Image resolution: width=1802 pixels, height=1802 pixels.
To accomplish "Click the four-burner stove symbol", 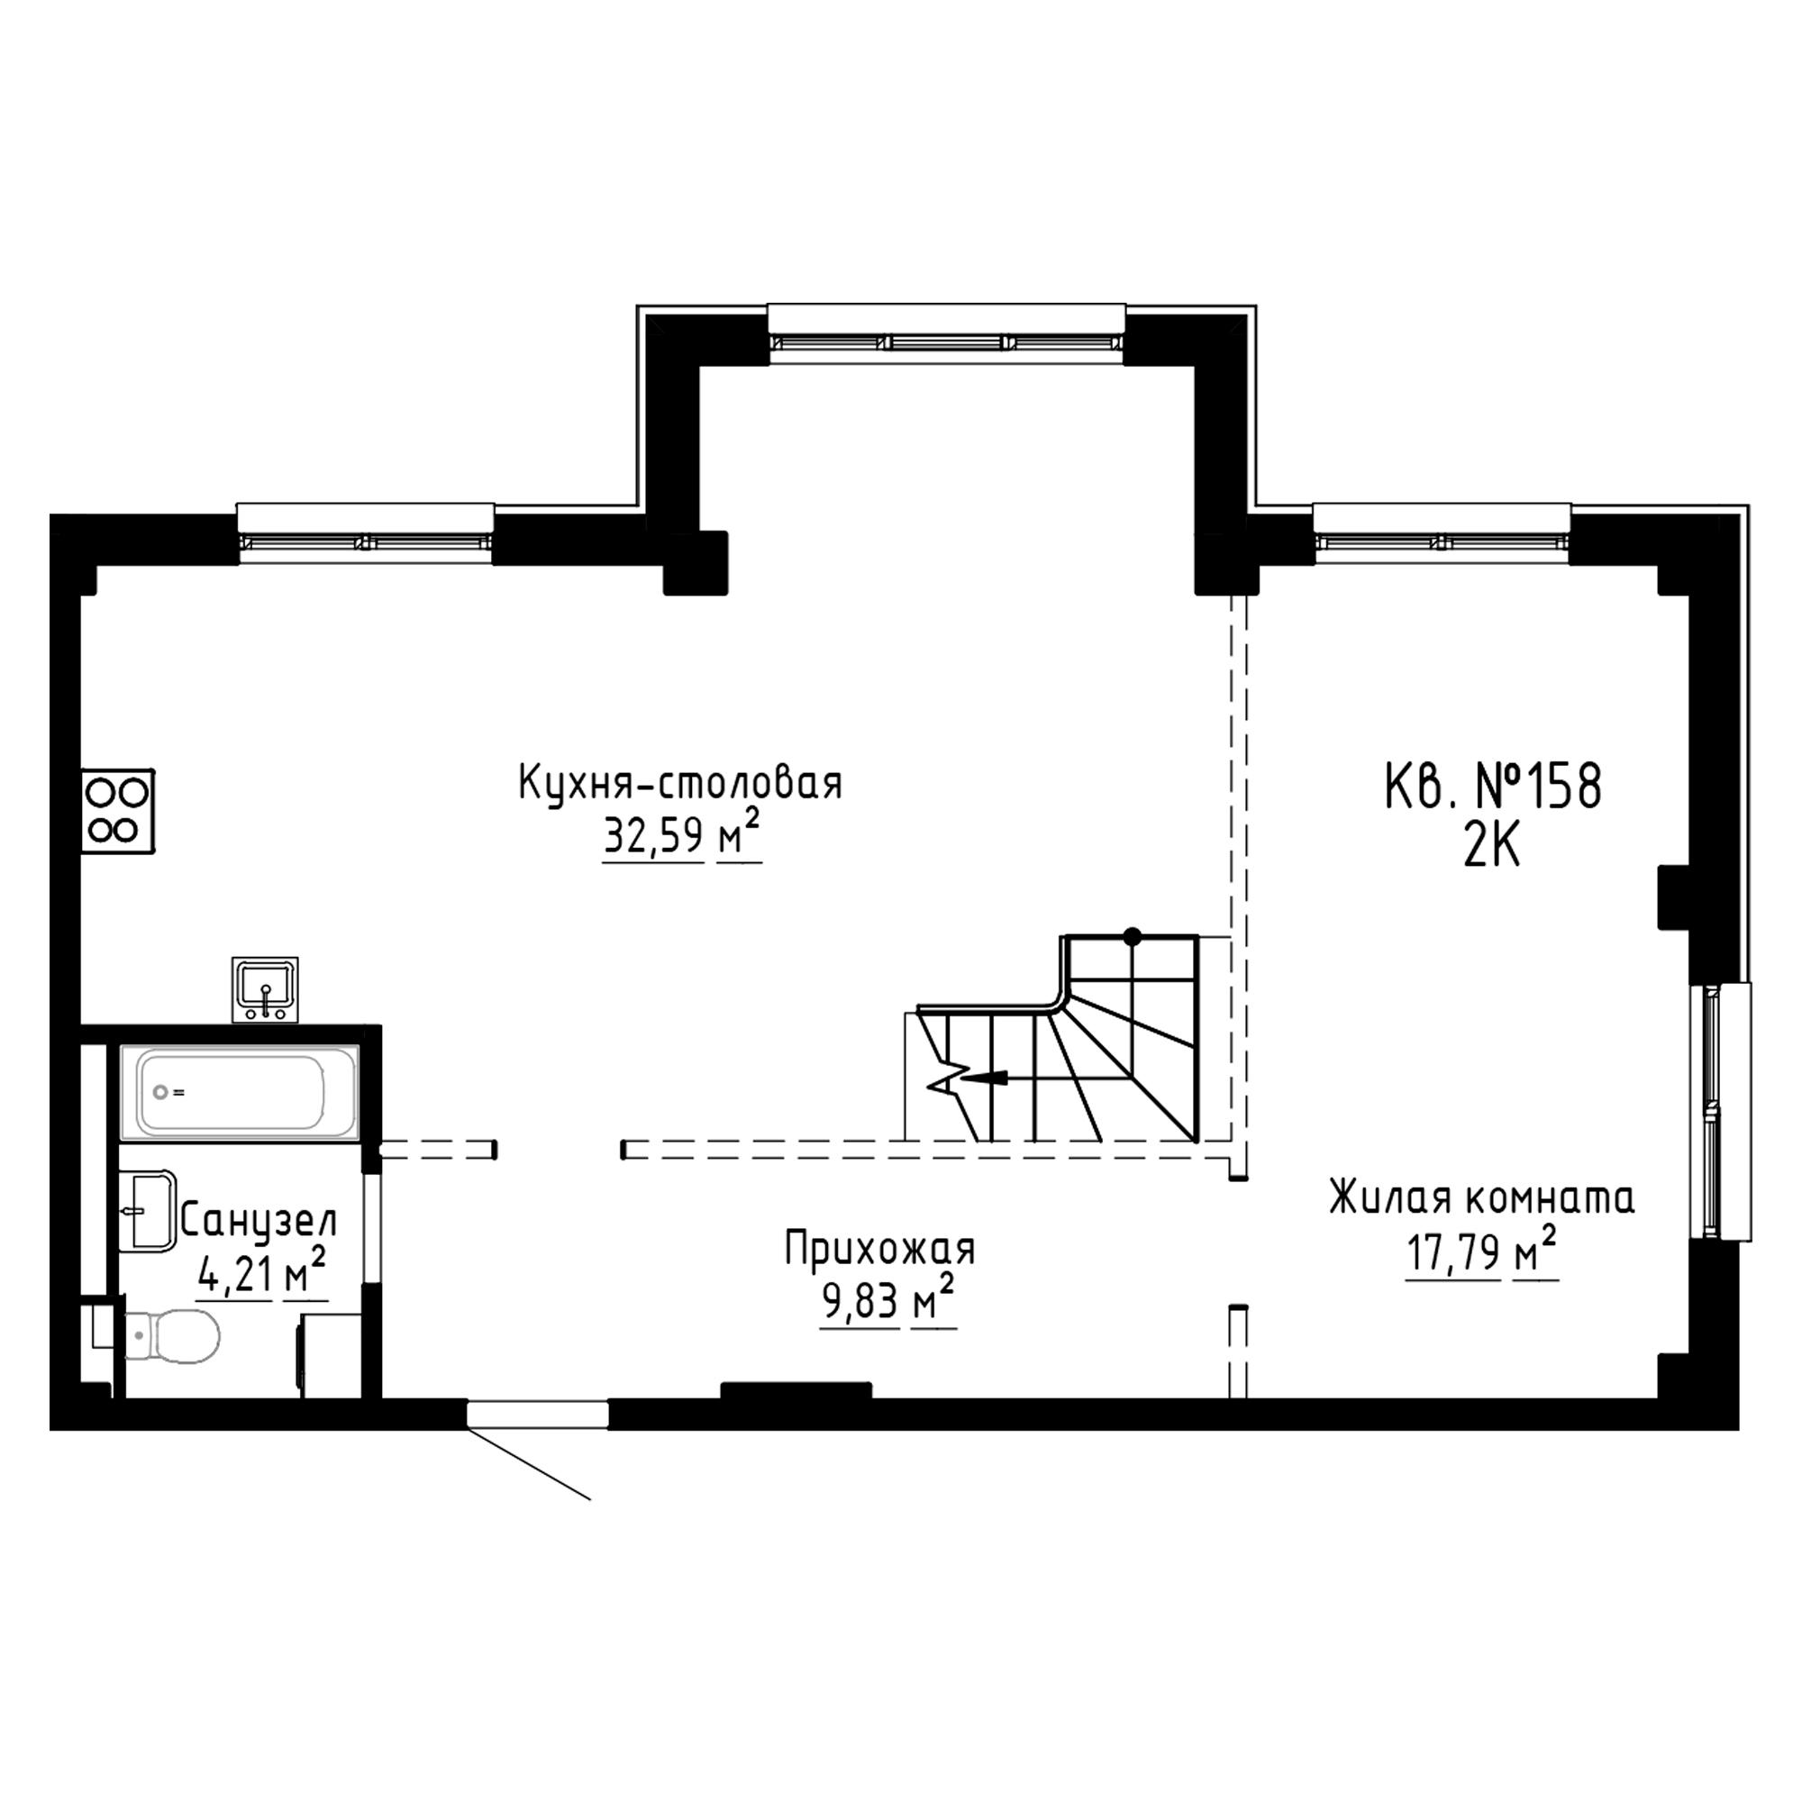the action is click(x=117, y=811).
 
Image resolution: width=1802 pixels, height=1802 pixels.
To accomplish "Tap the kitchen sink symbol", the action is click(x=266, y=989).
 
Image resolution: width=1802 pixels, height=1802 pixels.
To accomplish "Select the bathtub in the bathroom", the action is click(x=239, y=1092).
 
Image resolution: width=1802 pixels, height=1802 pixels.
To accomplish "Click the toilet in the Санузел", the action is click(x=168, y=1335).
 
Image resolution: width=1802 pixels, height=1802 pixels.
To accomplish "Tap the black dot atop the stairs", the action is click(x=1133, y=935).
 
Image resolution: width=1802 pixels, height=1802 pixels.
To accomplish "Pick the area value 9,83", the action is click(x=860, y=1304).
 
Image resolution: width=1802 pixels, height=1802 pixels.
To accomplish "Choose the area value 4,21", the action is click(x=234, y=1274).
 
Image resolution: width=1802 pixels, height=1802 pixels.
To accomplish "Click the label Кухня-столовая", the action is click(x=681, y=783).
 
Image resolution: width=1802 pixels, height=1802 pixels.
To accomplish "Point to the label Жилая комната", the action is click(x=1482, y=1199).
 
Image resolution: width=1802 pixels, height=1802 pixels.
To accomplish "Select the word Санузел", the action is click(x=259, y=1220).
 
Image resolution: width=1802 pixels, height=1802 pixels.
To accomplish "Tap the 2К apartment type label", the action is click(x=1492, y=848).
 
